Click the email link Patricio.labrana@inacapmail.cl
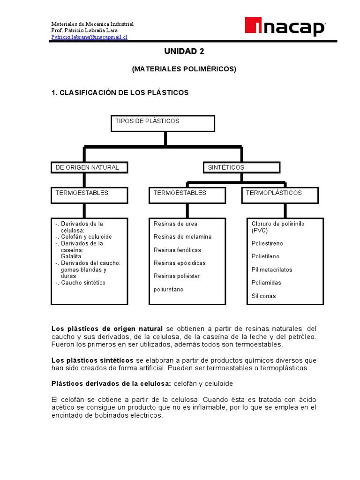(x=89, y=37)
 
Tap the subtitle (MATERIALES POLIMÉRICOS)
(x=184, y=69)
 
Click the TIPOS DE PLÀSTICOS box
(x=163, y=123)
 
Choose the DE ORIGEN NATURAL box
(x=89, y=167)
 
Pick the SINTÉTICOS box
(x=241, y=167)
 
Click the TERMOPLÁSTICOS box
(x=280, y=195)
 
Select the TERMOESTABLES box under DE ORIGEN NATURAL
(x=89, y=195)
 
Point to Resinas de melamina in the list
(x=182, y=237)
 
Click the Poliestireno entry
(x=267, y=243)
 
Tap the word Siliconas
(x=263, y=296)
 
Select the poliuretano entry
(x=168, y=289)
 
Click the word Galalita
(x=71, y=256)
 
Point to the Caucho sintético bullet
(x=83, y=283)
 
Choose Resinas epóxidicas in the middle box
(x=180, y=263)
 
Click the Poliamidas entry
(x=266, y=283)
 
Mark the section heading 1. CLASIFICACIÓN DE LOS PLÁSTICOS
(x=120, y=93)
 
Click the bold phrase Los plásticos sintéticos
(x=92, y=360)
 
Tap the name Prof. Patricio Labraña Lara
(x=86, y=30)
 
